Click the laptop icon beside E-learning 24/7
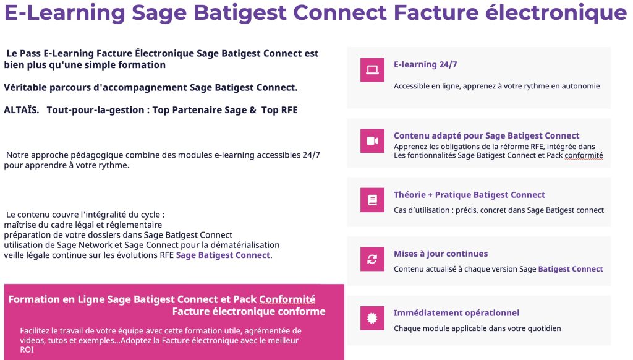pos(372,70)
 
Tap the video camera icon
pos(372,141)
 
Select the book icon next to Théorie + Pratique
pos(372,200)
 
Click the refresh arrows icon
pos(372,259)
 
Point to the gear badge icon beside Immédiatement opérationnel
pos(372,318)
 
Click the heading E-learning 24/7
pos(425,64)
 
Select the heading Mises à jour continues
pos(441,254)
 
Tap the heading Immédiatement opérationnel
pos(456,313)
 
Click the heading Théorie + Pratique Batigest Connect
pos(469,195)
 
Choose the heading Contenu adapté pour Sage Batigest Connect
pos(486,135)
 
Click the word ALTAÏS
pos(21,110)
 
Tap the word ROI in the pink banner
pos(27,349)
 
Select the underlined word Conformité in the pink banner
pos(287,299)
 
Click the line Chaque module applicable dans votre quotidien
pos(477,328)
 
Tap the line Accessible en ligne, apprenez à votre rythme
pos(496,86)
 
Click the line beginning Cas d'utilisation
pos(499,210)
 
